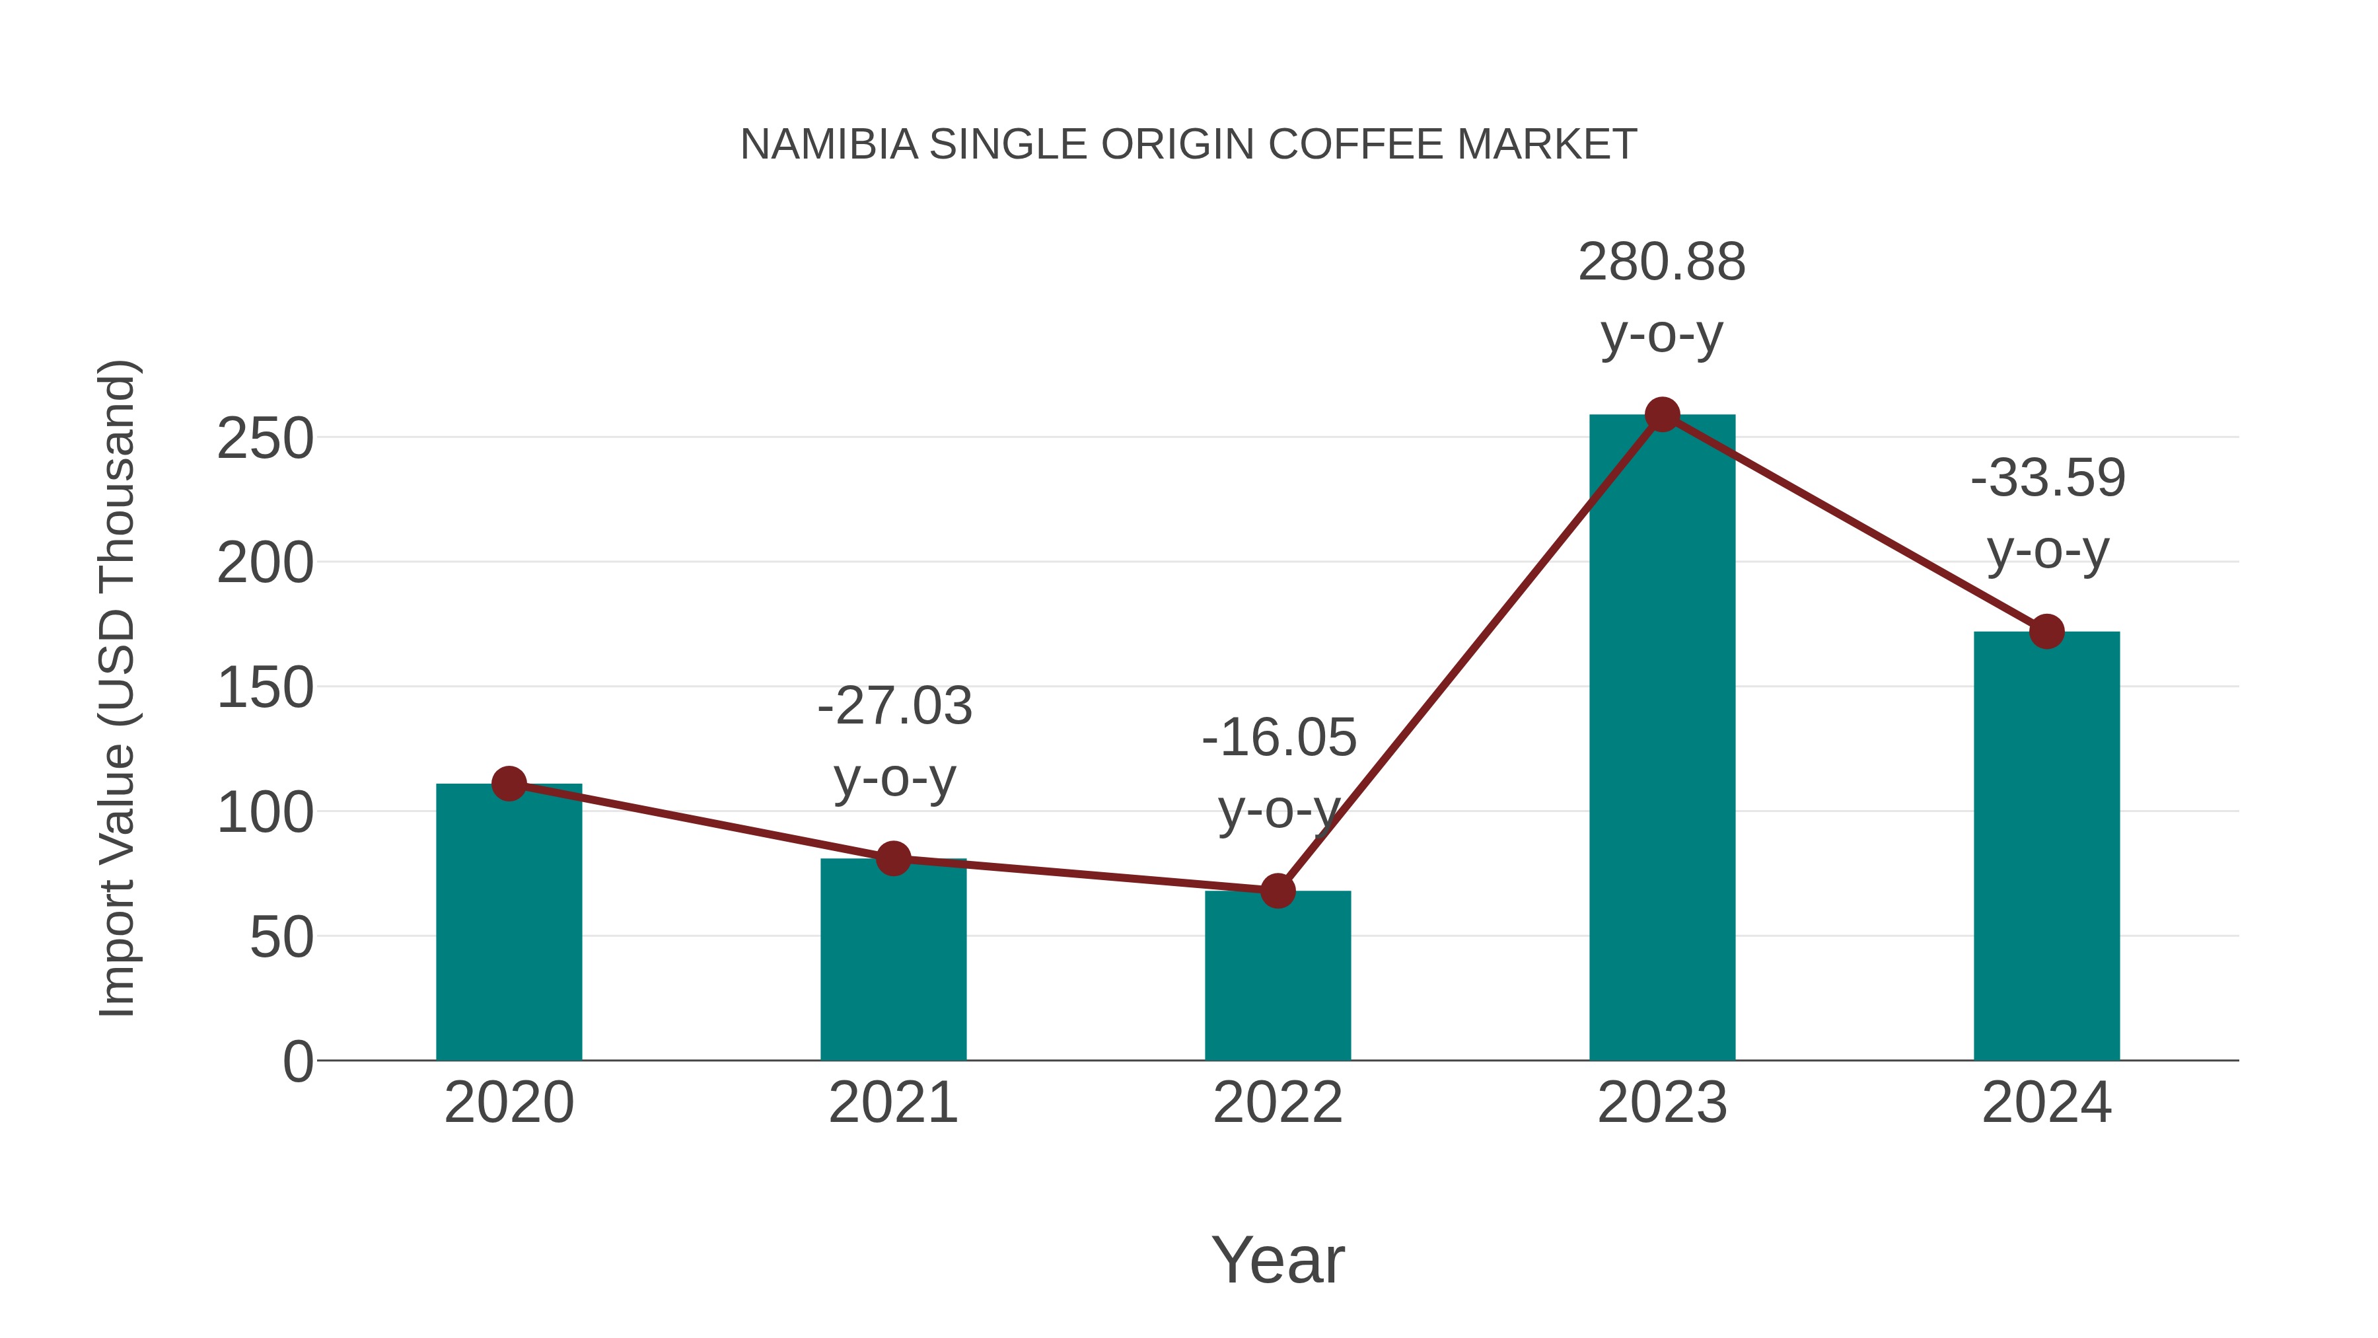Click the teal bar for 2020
pos(509,924)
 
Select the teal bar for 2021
pos(892,960)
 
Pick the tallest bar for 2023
pos(1662,739)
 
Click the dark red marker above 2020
pos(509,784)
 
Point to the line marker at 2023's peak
pos(1662,414)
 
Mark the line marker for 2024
pos(2046,632)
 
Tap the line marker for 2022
pos(1278,891)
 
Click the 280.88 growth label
pos(1662,262)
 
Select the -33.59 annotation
pos(2048,478)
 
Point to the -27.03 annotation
pos(894,706)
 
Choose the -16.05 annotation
pos(1279,738)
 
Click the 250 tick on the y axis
pos(265,439)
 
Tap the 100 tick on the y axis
pos(265,813)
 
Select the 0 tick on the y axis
pos(297,1062)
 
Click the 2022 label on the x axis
pos(1278,1103)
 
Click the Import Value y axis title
pos(118,688)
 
